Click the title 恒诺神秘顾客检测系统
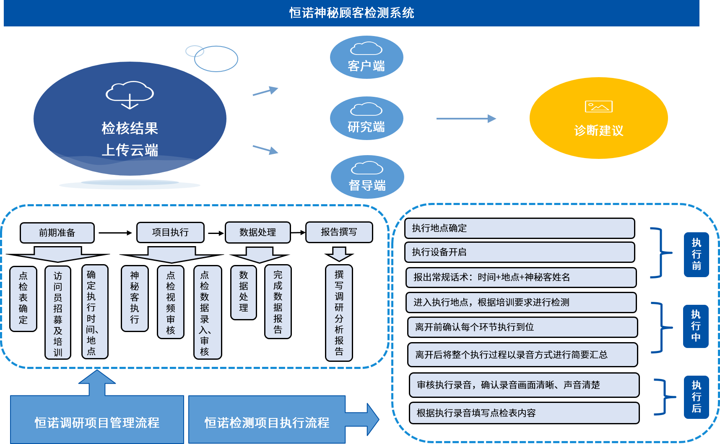[x=351, y=13]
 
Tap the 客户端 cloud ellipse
[x=366, y=58]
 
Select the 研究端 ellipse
[x=366, y=119]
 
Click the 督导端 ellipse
[x=367, y=177]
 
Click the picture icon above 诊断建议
[x=598, y=106]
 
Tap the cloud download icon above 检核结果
[x=130, y=95]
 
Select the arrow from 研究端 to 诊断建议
[x=466, y=119]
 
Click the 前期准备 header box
[x=57, y=233]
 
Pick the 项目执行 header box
[x=170, y=232]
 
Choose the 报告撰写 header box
[x=339, y=232]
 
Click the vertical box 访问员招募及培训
[x=58, y=313]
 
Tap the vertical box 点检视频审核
[x=171, y=302]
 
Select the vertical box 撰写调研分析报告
[x=339, y=313]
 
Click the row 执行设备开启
[x=520, y=252]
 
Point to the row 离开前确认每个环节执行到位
[x=522, y=327]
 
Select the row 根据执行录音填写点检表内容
[x=524, y=413]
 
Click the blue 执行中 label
[x=696, y=326]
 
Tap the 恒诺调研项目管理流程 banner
[x=97, y=422]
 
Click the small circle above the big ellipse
[x=195, y=51]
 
